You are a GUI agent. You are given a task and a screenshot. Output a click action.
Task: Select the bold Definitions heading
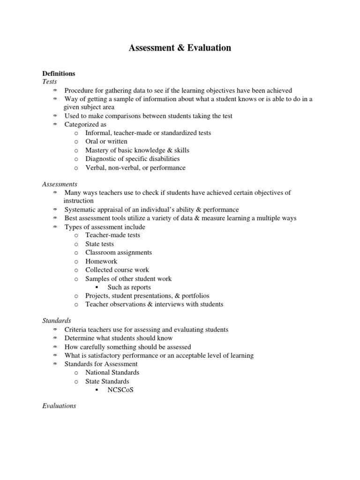pos(59,74)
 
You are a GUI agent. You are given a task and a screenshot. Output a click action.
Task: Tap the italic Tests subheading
pos(49,82)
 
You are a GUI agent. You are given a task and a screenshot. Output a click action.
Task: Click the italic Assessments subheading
pos(60,184)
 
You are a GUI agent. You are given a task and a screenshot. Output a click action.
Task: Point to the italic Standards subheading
pos(56,321)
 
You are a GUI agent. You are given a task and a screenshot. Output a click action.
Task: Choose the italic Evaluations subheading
pos(59,406)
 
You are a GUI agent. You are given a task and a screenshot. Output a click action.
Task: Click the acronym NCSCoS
pos(120,390)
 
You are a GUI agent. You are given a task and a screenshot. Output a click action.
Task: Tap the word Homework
pos(101,261)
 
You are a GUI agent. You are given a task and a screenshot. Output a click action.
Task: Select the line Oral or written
pos(106,142)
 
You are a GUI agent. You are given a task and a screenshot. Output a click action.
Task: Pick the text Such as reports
pos(129,287)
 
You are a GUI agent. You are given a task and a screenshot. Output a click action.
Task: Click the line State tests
pos(99,244)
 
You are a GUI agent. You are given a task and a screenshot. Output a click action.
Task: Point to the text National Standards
pos(112,373)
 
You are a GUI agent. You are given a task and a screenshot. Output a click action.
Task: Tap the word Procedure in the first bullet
pos(79,90)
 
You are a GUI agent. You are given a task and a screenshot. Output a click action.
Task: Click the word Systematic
pos(81,210)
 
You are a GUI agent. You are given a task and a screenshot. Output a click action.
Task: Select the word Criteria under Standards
pos(75,330)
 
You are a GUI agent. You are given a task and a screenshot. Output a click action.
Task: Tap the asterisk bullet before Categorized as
pos(54,125)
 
